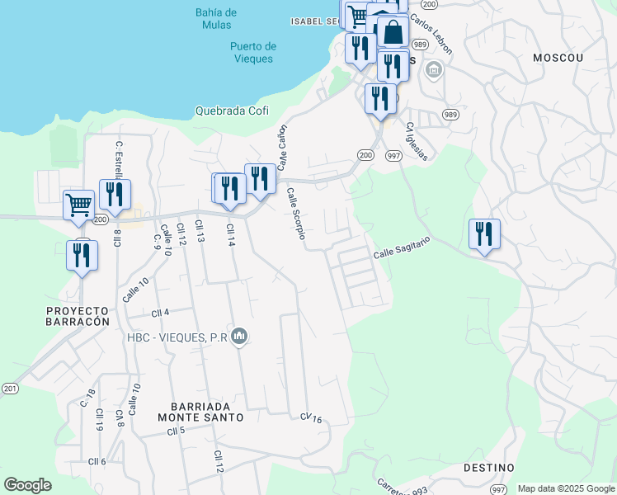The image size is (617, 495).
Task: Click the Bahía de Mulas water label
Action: point(217,19)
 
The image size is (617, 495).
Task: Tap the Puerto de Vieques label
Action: point(253,52)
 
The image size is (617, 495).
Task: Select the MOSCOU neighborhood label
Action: point(558,58)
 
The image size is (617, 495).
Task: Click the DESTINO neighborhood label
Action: point(488,468)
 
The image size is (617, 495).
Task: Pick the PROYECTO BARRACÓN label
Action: point(78,316)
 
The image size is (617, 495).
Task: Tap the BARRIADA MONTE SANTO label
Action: point(206,412)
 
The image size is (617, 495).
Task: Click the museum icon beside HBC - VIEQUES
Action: point(239,337)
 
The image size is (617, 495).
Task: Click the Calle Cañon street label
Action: point(282,148)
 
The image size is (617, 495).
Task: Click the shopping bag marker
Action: point(393,34)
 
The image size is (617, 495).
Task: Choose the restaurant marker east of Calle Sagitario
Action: point(483,234)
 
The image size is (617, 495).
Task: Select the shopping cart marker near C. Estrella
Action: point(78,204)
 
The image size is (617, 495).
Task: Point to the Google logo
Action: point(27,485)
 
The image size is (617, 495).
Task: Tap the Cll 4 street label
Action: point(160,313)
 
